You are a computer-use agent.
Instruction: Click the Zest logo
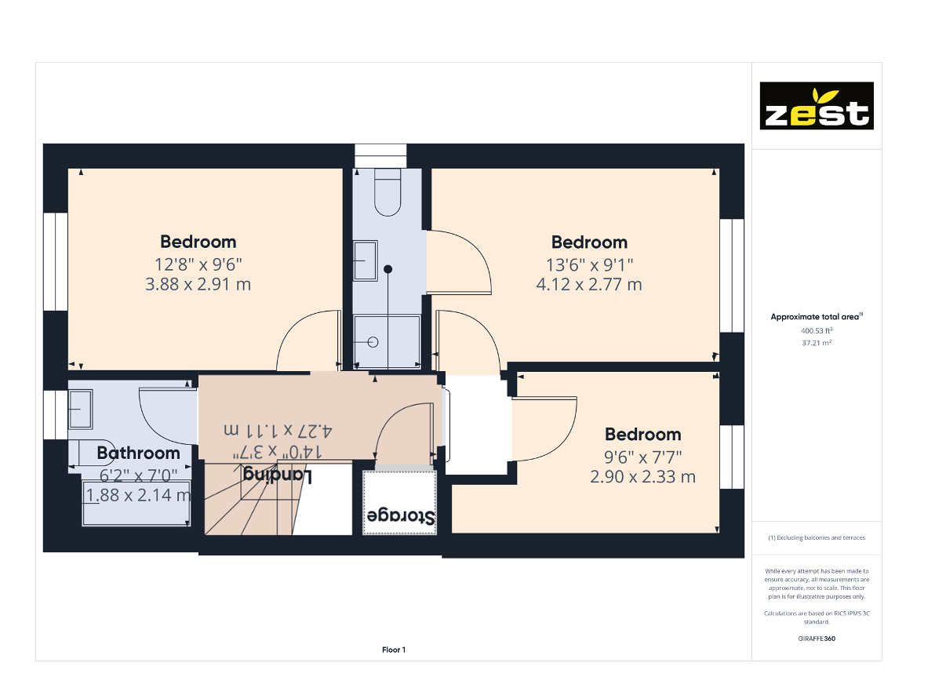(x=817, y=106)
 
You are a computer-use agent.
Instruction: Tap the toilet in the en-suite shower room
(x=387, y=193)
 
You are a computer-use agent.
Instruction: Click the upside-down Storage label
(x=400, y=516)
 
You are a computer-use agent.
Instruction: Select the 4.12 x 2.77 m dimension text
(x=589, y=284)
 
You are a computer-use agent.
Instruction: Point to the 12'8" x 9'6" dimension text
(x=198, y=264)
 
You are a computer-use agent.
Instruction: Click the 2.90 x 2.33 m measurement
(x=642, y=476)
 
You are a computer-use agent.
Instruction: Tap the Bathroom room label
(x=139, y=453)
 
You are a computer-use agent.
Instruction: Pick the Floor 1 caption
(x=394, y=650)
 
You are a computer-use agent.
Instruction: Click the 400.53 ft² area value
(x=817, y=331)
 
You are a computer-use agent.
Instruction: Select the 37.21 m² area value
(x=817, y=343)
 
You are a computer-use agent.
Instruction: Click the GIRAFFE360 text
(x=817, y=639)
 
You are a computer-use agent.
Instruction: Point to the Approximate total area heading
(x=817, y=317)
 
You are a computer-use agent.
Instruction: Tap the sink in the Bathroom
(x=81, y=410)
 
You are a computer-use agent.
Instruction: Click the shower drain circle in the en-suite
(x=373, y=342)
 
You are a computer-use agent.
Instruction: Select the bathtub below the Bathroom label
(x=136, y=504)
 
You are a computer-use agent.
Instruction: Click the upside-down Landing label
(x=278, y=475)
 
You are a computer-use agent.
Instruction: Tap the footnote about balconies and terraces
(x=817, y=537)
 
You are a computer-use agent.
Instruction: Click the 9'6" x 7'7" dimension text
(x=642, y=457)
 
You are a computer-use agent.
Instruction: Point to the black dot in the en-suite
(x=387, y=269)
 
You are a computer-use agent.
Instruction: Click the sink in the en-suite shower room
(x=365, y=260)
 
